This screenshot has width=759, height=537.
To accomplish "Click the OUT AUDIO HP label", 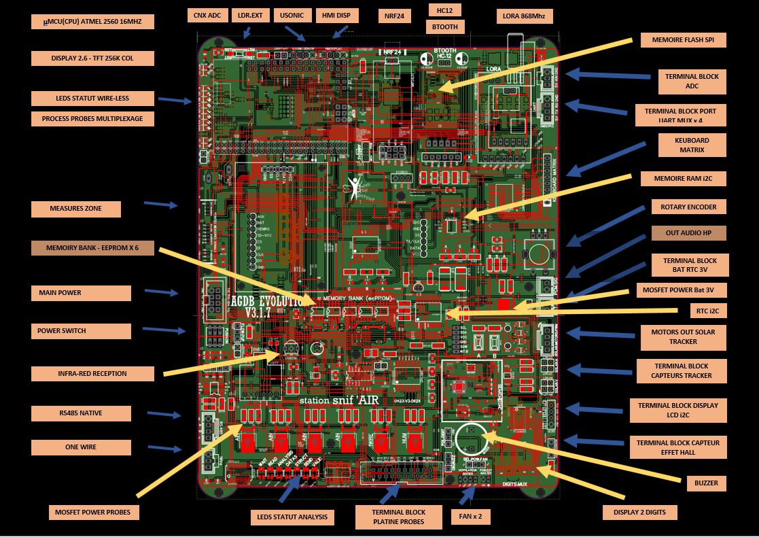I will pos(688,233).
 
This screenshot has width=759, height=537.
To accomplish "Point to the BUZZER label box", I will pos(706,483).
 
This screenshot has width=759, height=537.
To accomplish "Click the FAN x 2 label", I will pos(470,517).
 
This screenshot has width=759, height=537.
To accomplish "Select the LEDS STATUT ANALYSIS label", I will pos(292,517).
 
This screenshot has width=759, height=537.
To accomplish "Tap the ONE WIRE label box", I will pos(81,447).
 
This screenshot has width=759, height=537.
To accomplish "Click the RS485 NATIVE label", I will pos(81,413).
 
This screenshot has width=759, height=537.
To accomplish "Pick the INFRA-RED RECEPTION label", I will pos(92,373).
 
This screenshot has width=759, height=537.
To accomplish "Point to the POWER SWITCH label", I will pos(81,331).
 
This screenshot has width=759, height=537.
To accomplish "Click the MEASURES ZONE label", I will pos(75,209).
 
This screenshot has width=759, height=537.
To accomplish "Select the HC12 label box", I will pos(445,10).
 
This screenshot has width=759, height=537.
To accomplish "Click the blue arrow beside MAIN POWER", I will pos(162,292).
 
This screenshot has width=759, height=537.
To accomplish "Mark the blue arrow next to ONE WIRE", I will pos(164,448).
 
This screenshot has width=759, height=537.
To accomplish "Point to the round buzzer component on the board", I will pos(470,438).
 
